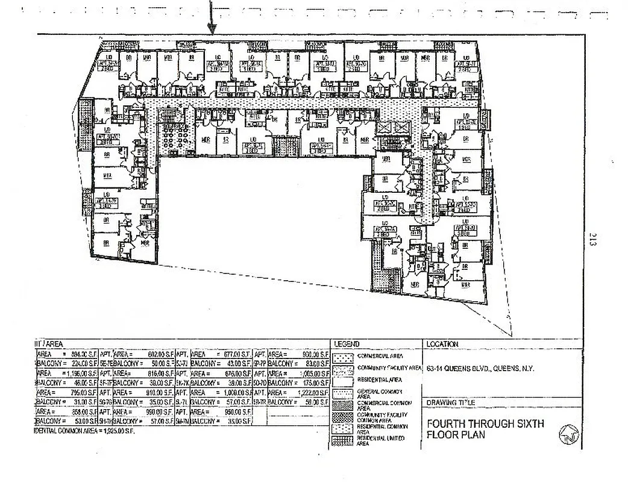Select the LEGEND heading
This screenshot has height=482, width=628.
click(x=347, y=344)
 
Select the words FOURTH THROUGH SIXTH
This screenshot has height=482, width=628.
click(x=485, y=424)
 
